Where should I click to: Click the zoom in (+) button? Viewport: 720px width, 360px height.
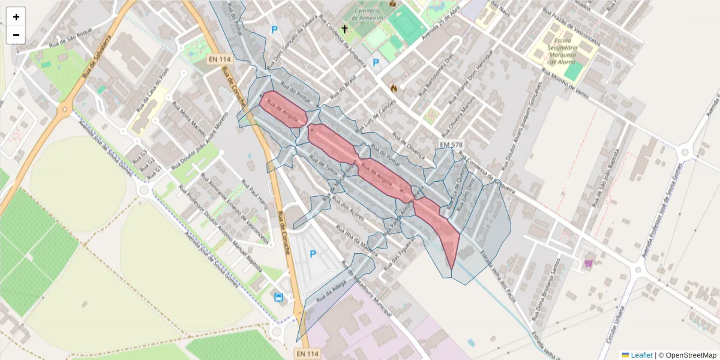[x=16, y=17]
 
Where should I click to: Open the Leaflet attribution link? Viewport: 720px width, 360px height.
[x=641, y=355]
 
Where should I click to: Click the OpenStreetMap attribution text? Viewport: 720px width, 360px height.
[x=691, y=355]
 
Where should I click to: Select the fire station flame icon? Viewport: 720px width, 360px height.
[x=394, y=88]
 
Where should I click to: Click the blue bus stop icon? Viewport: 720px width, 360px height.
[x=278, y=297]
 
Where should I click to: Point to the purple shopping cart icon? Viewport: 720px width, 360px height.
[x=589, y=263]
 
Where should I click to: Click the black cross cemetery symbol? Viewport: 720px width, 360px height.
[x=344, y=28]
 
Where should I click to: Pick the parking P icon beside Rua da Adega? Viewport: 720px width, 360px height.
[x=313, y=254]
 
